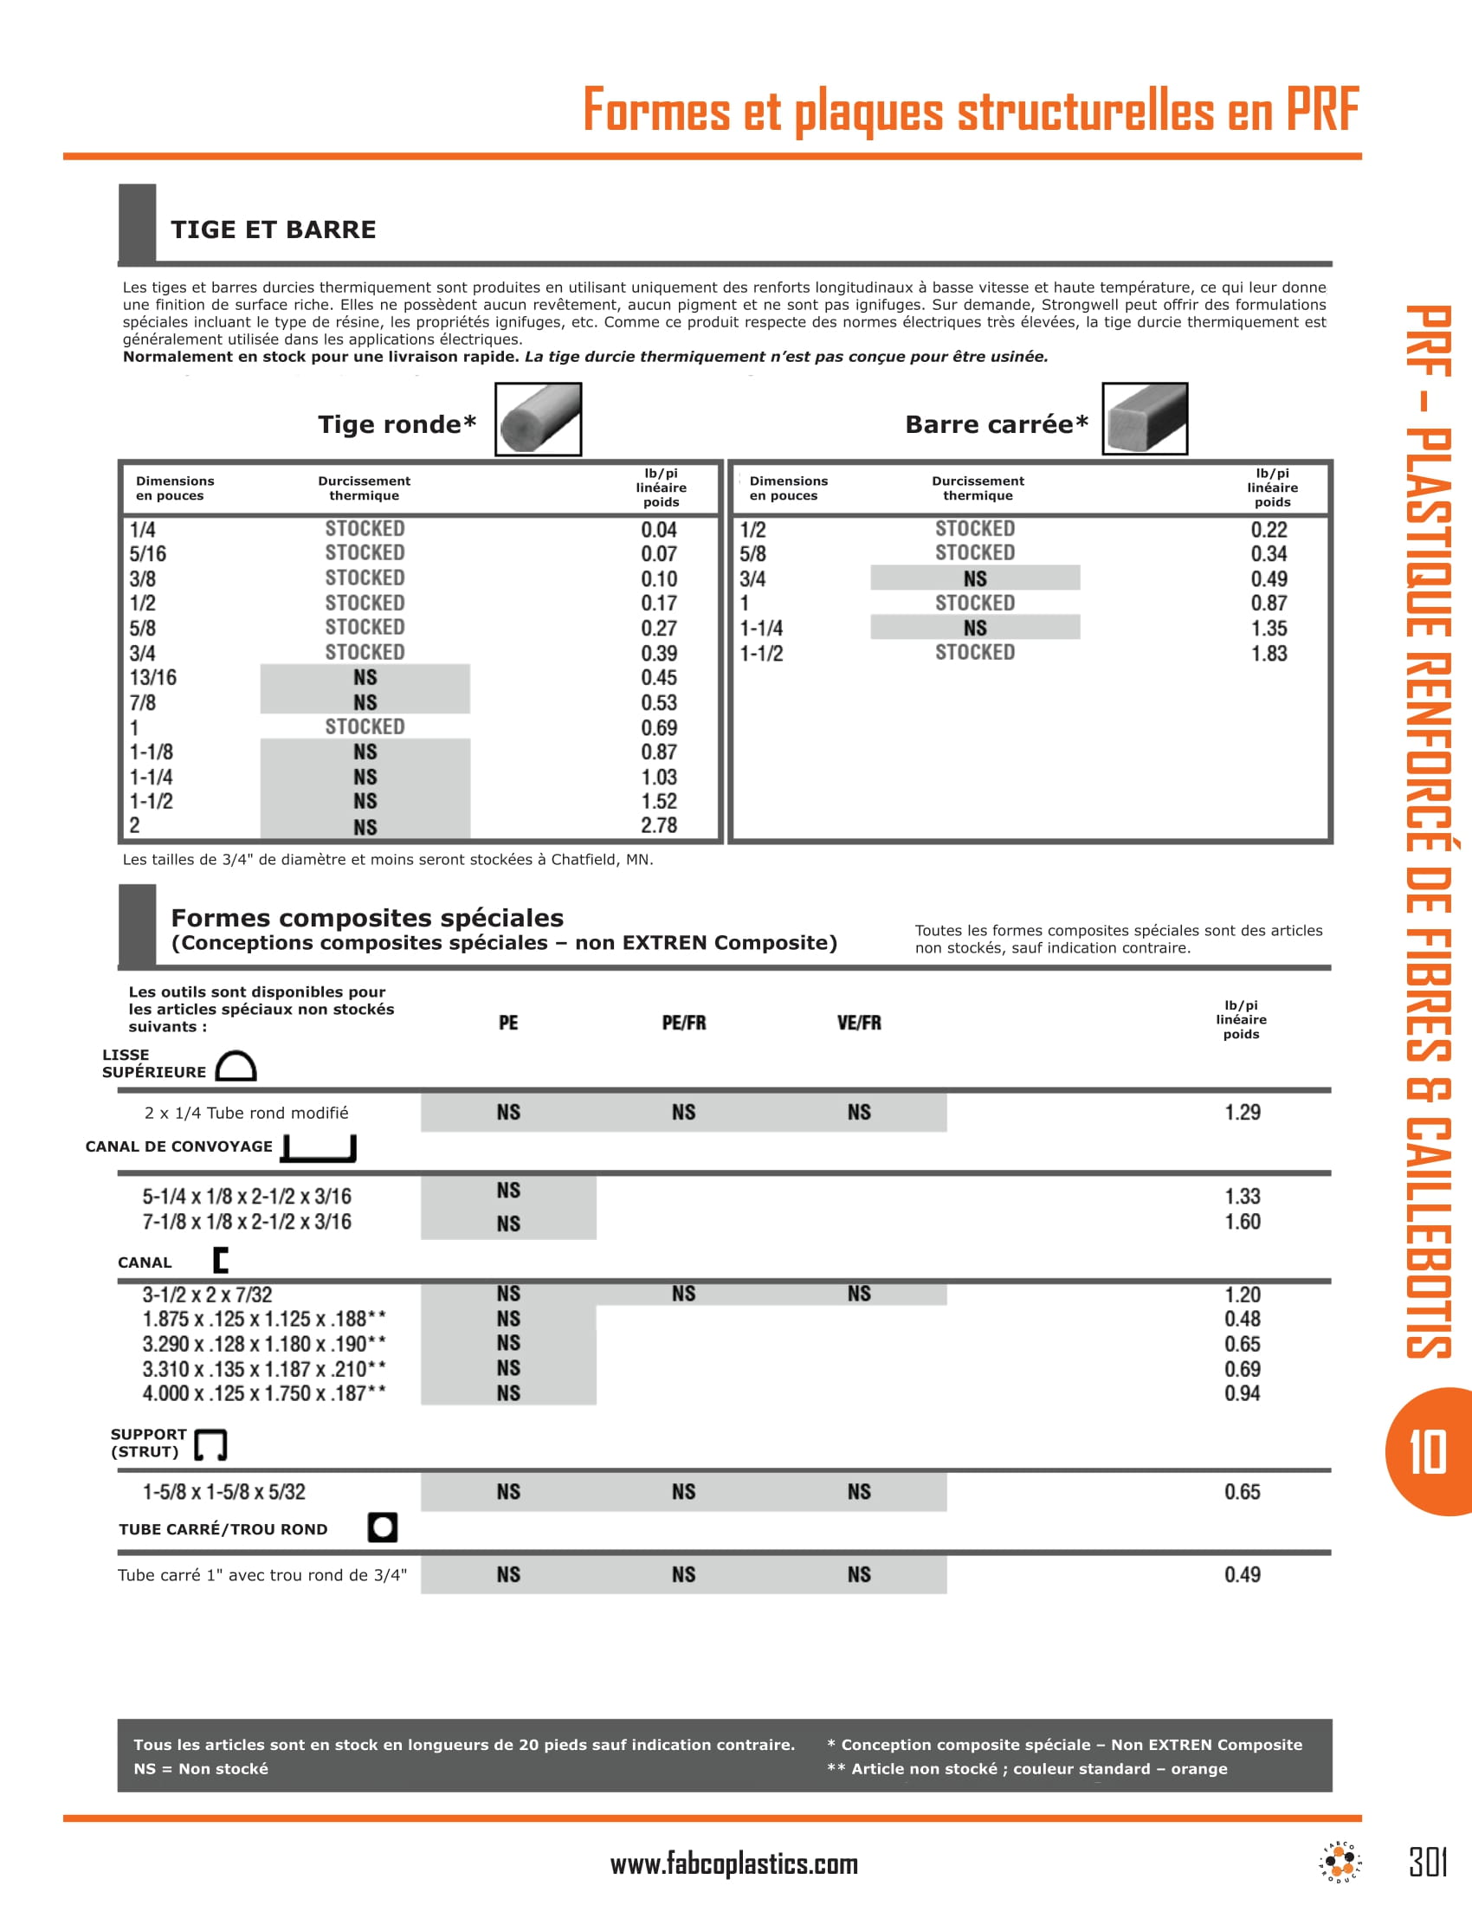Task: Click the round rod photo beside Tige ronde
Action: click(x=538, y=419)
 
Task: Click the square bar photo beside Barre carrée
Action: click(x=1144, y=419)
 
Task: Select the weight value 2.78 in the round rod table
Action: click(x=658, y=825)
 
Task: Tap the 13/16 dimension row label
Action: click(x=153, y=678)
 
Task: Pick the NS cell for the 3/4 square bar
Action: click(x=975, y=578)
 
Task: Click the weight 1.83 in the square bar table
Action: click(x=1269, y=653)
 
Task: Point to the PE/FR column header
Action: click(x=684, y=1024)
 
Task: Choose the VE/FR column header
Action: click(x=859, y=1024)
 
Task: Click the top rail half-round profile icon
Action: click(x=236, y=1066)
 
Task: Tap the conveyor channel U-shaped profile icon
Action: click(x=320, y=1148)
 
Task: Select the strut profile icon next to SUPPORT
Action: click(x=210, y=1444)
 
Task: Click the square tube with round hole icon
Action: click(x=382, y=1527)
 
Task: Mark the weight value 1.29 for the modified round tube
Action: click(x=1243, y=1112)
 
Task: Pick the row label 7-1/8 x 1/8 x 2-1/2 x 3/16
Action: click(x=247, y=1222)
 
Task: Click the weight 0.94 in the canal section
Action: click(x=1243, y=1393)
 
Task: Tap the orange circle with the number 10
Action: click(x=1428, y=1452)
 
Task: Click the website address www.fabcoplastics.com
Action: click(x=734, y=1864)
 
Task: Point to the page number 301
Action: click(x=1429, y=1863)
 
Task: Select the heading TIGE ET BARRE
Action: click(x=273, y=229)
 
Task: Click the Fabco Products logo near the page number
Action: click(x=1340, y=1863)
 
